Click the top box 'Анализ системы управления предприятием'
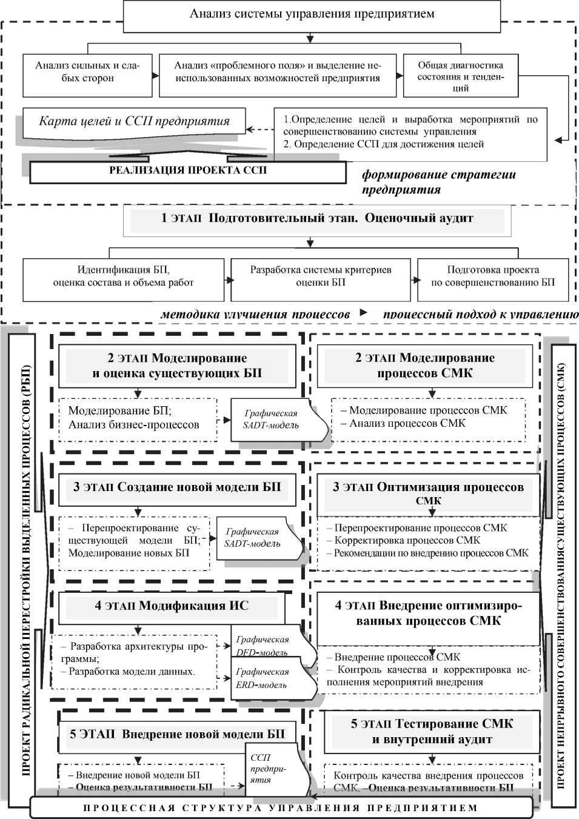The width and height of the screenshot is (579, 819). point(312,14)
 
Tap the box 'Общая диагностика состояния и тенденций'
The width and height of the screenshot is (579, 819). point(461,76)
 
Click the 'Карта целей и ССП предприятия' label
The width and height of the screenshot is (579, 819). point(134,121)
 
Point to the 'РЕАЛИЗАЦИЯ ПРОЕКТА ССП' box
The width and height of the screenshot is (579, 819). point(187,171)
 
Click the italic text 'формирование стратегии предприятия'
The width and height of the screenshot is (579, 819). point(438,182)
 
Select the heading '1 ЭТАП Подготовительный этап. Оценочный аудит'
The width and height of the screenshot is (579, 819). point(317,219)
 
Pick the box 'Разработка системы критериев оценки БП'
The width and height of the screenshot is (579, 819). point(320,276)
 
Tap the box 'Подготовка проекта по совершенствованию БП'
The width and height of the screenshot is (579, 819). point(492,276)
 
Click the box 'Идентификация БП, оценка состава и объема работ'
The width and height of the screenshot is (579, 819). point(124,276)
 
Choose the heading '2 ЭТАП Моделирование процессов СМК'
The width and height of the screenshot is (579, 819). point(424,366)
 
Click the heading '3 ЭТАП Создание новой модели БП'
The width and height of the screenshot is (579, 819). point(177,488)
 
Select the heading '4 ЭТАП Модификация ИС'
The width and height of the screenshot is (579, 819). point(172,606)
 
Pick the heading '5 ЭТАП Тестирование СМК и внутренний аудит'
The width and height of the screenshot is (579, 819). point(432,732)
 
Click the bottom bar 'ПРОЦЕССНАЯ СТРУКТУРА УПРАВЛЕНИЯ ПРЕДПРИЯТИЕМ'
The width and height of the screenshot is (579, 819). point(281,808)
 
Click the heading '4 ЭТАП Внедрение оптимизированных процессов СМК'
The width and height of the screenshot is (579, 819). point(428,613)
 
